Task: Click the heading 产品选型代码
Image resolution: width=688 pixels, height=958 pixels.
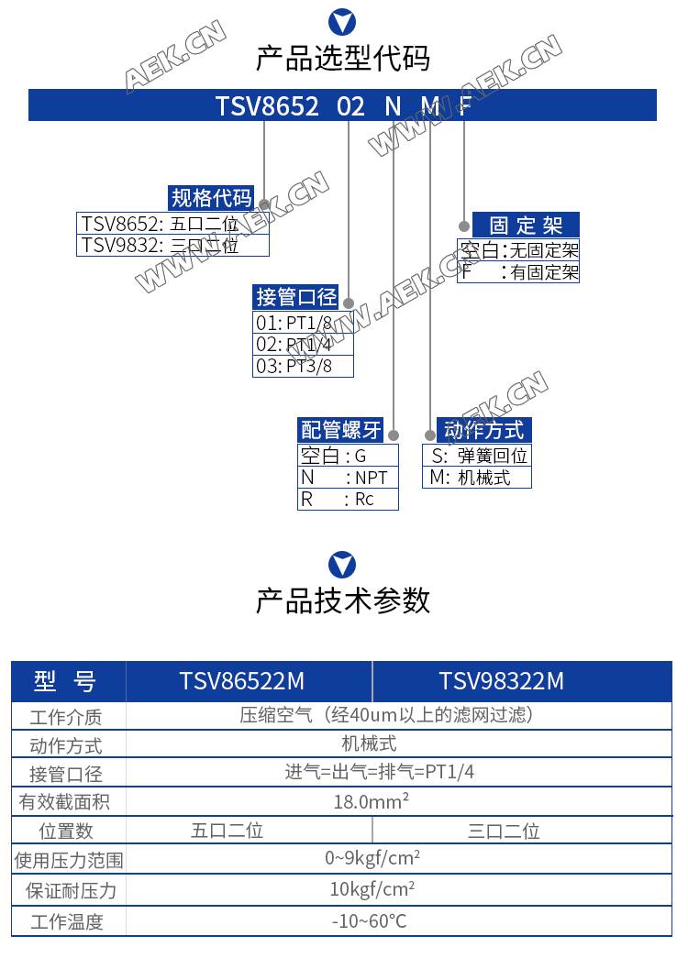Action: tap(342, 59)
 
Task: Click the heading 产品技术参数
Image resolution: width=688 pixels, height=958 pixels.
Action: tap(342, 600)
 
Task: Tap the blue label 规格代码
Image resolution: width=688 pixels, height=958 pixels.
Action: tap(211, 198)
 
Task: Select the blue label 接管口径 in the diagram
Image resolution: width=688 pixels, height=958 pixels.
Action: tap(295, 297)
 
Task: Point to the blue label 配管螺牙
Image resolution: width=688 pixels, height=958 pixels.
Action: tap(340, 430)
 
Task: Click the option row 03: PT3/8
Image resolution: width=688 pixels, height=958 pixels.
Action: tap(302, 367)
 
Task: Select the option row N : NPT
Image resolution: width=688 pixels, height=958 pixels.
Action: tap(348, 478)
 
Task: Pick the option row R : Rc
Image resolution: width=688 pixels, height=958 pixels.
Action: tap(348, 500)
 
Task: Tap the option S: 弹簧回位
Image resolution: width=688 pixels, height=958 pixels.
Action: tap(477, 456)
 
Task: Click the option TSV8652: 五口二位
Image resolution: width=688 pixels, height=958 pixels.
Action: tap(172, 223)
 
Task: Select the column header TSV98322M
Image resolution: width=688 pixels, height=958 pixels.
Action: tap(501, 681)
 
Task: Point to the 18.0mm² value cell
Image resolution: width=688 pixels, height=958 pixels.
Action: tap(371, 802)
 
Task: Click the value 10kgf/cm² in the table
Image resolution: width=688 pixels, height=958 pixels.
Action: tap(372, 889)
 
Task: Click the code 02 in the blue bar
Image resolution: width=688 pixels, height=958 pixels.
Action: tap(350, 106)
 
